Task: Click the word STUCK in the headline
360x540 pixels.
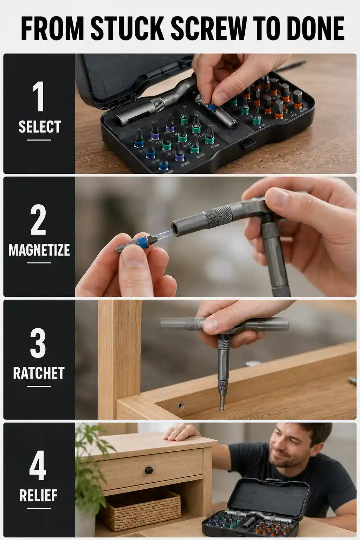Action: click(x=127, y=28)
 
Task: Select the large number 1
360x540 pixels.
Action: click(x=39, y=96)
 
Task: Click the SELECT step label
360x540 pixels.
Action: click(x=39, y=127)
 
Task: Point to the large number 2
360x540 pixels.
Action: click(x=38, y=220)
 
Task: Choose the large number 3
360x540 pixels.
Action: click(x=38, y=343)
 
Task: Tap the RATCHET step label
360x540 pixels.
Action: click(x=39, y=373)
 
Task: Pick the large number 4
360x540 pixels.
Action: click(x=38, y=465)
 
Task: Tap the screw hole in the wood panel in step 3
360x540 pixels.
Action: click(x=180, y=406)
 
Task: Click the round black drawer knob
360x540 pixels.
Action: click(x=149, y=470)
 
